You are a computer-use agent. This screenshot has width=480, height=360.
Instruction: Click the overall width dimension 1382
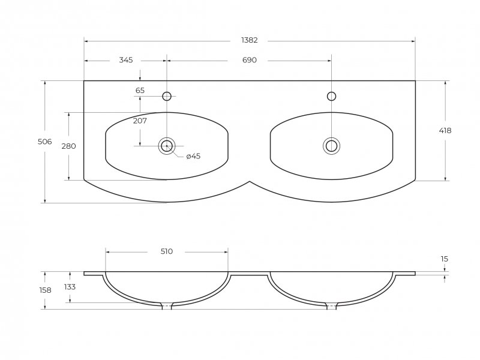click(250, 40)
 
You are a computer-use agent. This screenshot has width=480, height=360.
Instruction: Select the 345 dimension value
click(126, 60)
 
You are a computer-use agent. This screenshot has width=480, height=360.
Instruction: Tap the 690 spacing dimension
click(250, 60)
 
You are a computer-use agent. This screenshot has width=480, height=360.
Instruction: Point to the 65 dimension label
click(140, 91)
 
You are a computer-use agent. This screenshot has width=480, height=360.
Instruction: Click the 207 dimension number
click(140, 121)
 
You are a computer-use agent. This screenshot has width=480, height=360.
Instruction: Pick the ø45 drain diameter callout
click(193, 156)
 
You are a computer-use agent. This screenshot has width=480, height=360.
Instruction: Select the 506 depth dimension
click(44, 142)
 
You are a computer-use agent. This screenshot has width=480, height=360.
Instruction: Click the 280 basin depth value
click(68, 146)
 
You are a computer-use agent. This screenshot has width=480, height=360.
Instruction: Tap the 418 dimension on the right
click(445, 131)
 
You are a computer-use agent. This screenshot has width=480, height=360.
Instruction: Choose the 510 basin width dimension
click(167, 251)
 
